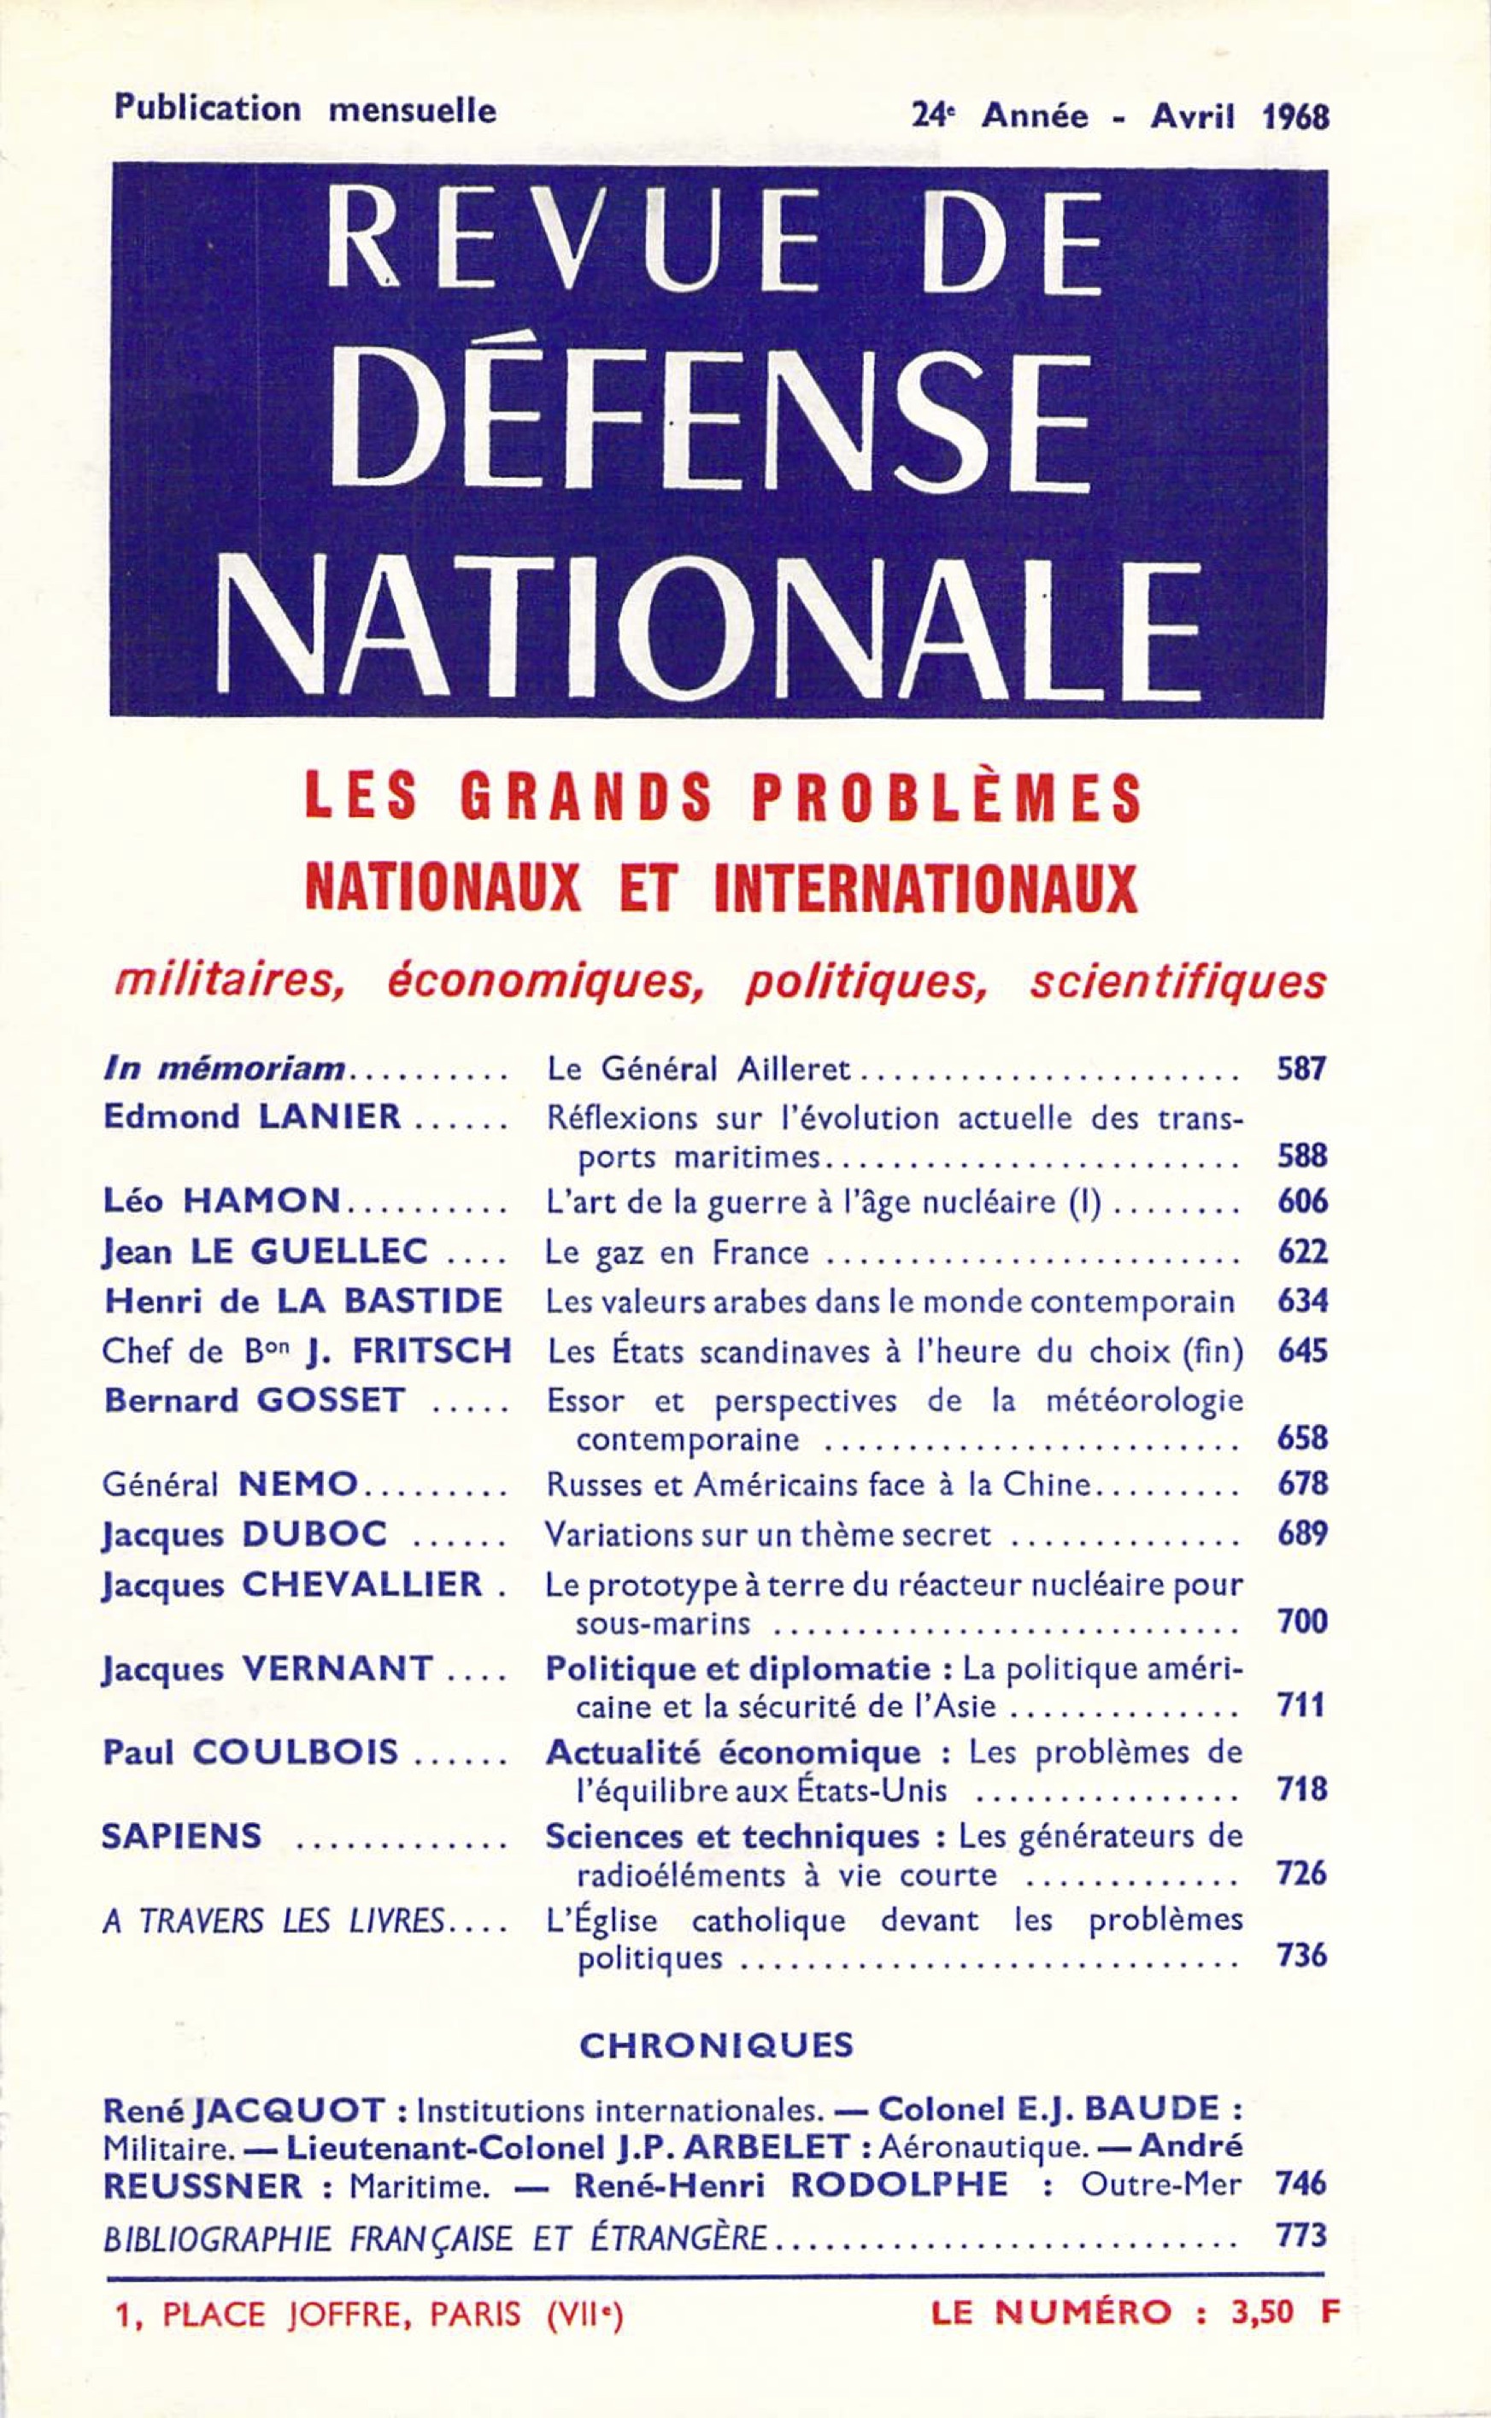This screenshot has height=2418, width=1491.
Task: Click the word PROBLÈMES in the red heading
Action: tap(948, 797)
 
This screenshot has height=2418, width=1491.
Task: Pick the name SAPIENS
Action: tap(183, 1836)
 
